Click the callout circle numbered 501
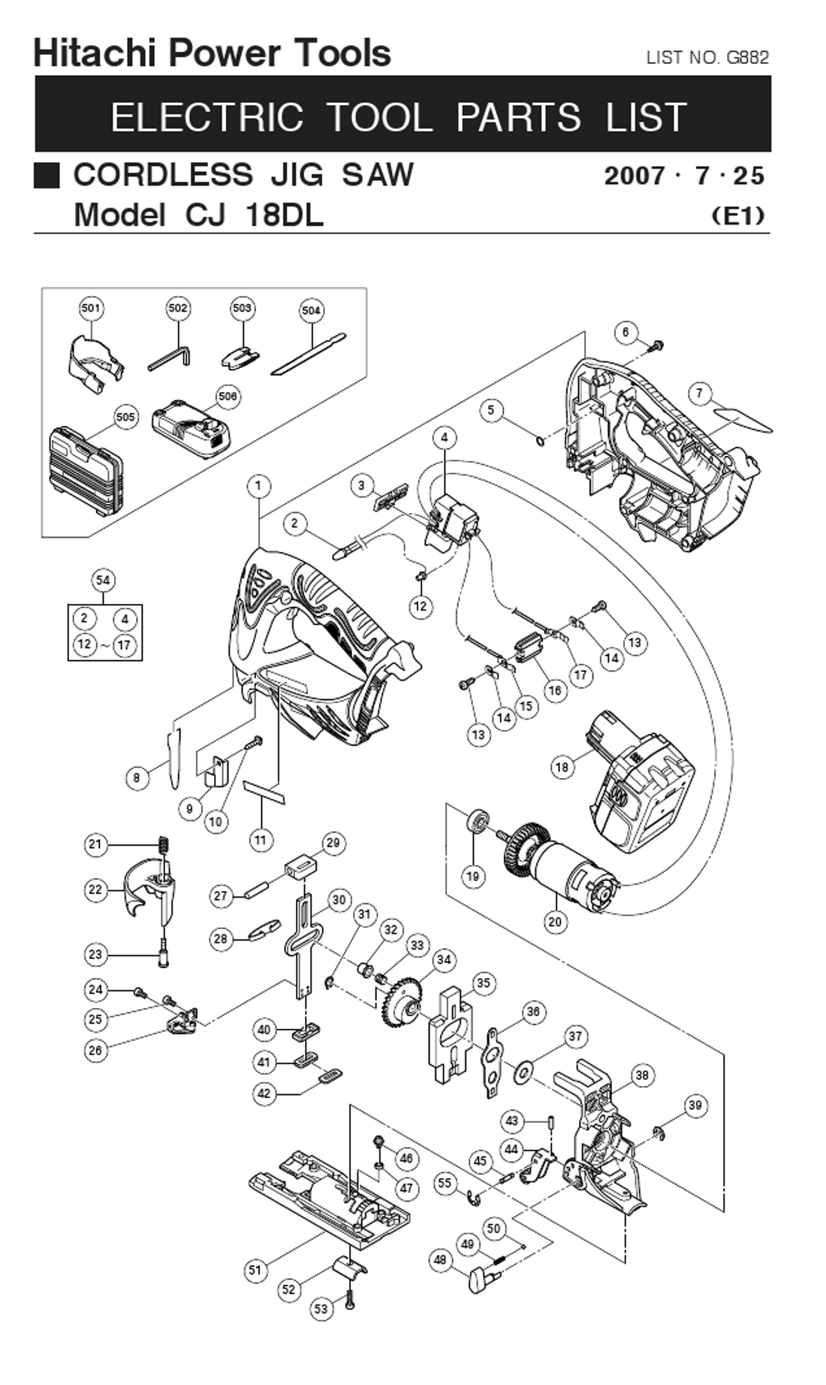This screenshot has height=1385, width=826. pyautogui.click(x=91, y=308)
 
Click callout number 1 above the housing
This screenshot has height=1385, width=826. pyautogui.click(x=258, y=486)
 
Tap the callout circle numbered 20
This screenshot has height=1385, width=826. pyautogui.click(x=555, y=922)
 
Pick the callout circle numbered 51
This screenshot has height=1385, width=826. pyautogui.click(x=256, y=1270)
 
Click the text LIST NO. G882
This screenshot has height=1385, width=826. pyautogui.click(x=707, y=58)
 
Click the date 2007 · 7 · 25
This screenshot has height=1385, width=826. pyautogui.click(x=684, y=176)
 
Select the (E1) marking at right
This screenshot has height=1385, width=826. pyautogui.click(x=738, y=216)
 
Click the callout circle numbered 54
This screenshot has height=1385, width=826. pyautogui.click(x=104, y=580)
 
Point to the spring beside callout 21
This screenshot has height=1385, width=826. pyautogui.click(x=161, y=846)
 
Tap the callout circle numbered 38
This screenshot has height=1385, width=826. pyautogui.click(x=641, y=1076)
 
